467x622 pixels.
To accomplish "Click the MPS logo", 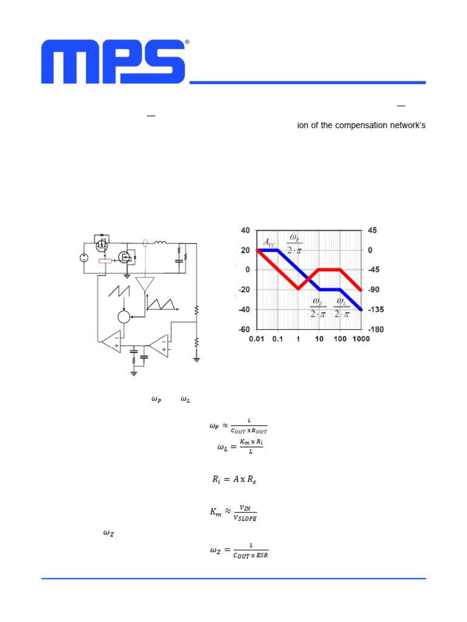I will (x=114, y=62).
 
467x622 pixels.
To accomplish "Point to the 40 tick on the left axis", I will (x=245, y=230).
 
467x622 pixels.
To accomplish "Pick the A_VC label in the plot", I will (x=269, y=242).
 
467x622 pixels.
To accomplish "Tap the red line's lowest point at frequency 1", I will (x=299, y=289).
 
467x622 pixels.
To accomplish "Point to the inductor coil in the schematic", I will (x=161, y=244).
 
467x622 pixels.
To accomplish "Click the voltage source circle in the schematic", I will (x=83, y=258).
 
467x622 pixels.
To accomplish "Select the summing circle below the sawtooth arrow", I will (x=123, y=316).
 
